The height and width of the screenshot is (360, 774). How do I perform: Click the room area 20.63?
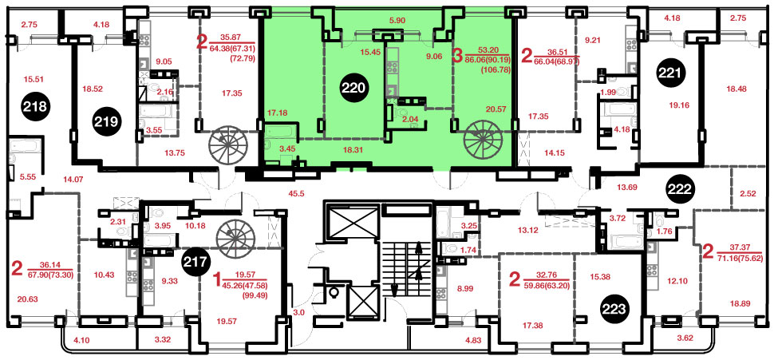[27, 299]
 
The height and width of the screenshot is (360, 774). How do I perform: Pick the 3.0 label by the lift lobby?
[298, 311]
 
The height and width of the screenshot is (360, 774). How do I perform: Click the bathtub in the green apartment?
[281, 132]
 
